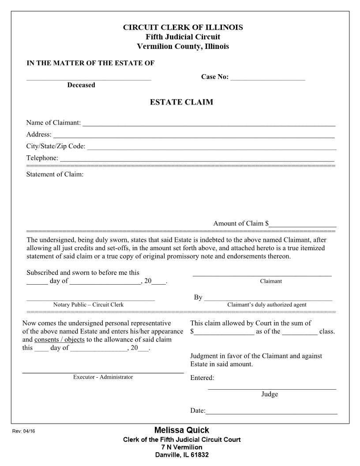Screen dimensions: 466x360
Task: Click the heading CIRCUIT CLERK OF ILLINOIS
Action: click(183, 27)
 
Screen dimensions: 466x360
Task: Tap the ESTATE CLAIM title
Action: click(181, 102)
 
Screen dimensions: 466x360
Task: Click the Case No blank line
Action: click(267, 79)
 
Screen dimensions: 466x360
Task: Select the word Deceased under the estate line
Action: click(81, 85)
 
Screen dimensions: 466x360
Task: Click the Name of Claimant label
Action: click(53, 123)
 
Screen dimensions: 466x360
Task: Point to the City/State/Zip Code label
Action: click(56, 147)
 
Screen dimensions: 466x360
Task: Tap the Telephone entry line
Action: click(196, 160)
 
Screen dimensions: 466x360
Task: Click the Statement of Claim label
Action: click(55, 174)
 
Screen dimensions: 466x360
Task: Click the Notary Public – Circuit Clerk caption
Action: click(88, 305)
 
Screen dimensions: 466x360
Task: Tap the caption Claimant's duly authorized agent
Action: click(266, 305)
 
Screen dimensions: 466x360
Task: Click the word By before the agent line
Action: click(198, 297)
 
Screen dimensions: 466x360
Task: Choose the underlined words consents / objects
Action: click(59, 340)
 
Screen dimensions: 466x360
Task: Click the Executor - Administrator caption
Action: click(103, 377)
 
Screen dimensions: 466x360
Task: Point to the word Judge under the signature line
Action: click(270, 395)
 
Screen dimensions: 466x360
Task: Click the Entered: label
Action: click(202, 378)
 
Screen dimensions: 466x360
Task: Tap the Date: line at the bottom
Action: click(271, 412)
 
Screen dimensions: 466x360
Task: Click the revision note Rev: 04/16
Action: click(23, 432)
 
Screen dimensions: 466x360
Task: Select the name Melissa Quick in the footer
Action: click(182, 430)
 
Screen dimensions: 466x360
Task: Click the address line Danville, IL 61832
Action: click(182, 455)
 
